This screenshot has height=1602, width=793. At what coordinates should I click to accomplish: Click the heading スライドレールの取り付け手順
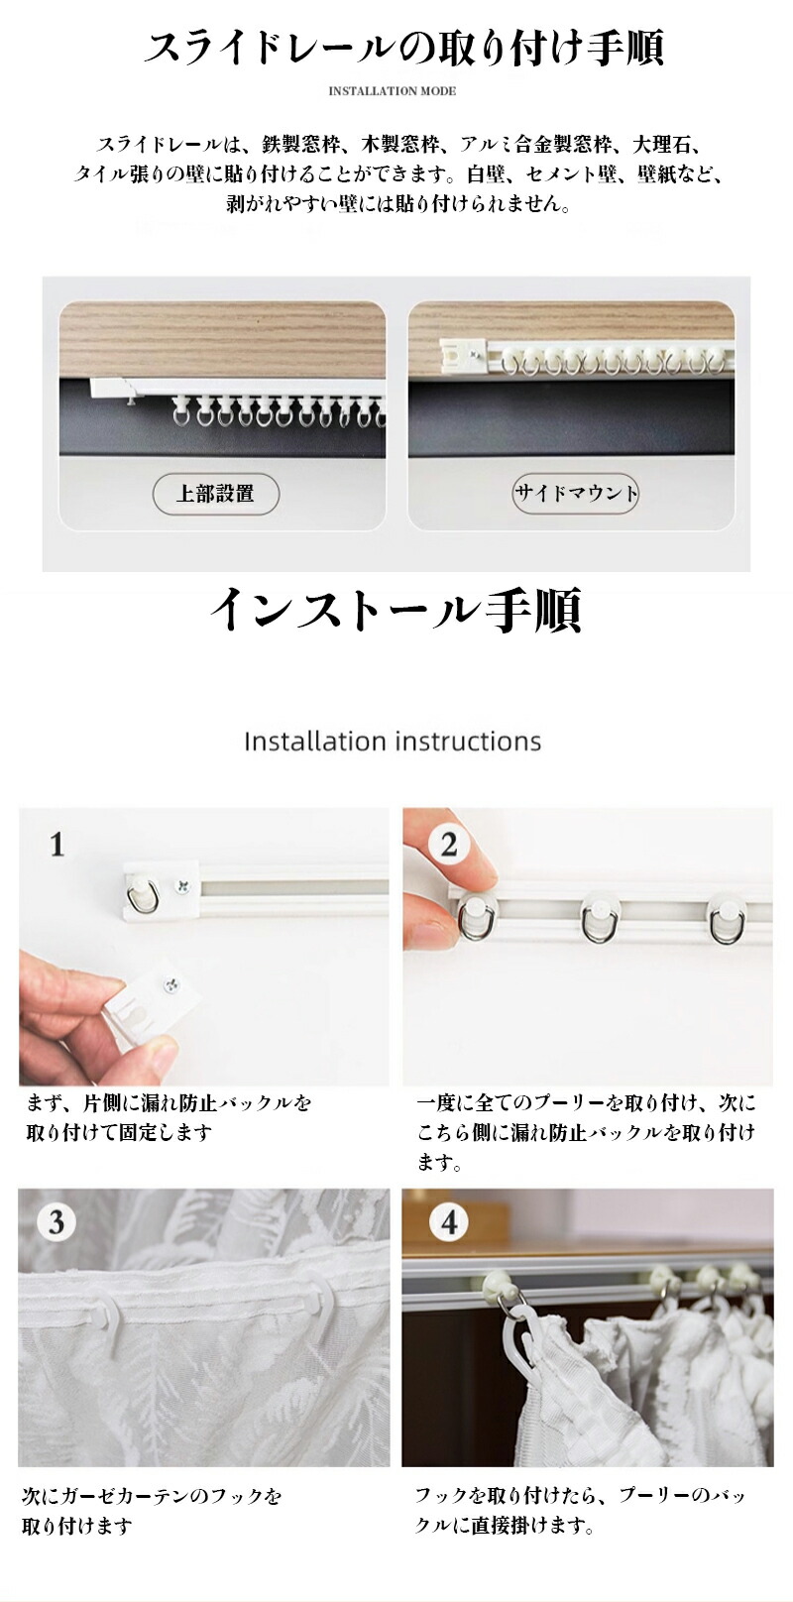tap(404, 49)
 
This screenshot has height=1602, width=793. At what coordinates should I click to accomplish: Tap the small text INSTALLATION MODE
tap(392, 91)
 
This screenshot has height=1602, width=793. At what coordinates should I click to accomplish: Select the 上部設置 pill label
tap(215, 494)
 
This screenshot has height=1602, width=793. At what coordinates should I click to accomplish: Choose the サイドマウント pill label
tap(575, 493)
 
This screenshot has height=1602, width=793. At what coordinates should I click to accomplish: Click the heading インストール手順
tap(396, 611)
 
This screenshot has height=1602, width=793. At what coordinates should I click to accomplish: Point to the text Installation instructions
tap(393, 742)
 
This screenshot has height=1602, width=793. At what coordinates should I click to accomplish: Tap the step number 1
tap(57, 845)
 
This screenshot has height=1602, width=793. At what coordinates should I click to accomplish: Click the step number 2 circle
tap(448, 845)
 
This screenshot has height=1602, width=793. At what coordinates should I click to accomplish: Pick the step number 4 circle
tap(448, 1222)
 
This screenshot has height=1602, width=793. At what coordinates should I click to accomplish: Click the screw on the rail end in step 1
tap(183, 887)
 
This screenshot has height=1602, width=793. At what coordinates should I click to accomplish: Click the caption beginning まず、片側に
tap(169, 1118)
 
